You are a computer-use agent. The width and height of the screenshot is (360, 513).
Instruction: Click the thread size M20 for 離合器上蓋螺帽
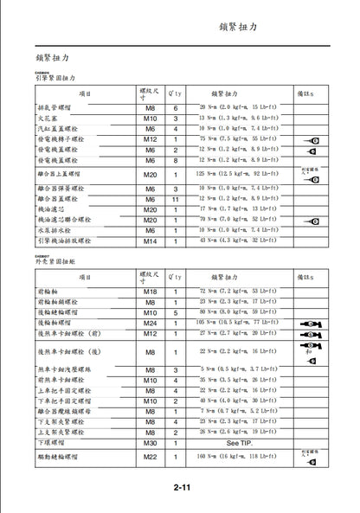150,174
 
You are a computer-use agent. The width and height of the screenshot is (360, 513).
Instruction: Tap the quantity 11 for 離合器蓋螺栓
176,199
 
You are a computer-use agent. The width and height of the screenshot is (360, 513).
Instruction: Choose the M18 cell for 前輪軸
150,292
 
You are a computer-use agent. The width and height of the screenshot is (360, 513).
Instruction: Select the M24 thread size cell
150,323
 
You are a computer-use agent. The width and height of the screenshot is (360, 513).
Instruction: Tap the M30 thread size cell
150,441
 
